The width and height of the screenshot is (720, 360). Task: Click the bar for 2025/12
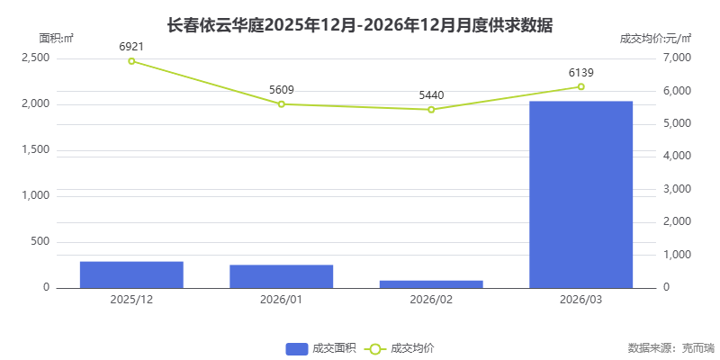131,274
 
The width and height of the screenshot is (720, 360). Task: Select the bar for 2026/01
282,276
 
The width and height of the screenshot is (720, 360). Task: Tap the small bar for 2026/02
431,283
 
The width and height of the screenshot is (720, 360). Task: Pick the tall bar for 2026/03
581,194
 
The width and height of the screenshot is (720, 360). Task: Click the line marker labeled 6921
131,61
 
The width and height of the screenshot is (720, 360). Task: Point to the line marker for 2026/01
282,104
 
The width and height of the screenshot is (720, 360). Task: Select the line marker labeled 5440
431,110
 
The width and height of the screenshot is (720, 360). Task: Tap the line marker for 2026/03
581,86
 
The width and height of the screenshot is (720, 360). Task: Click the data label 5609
282,90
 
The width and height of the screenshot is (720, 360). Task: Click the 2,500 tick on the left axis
36,58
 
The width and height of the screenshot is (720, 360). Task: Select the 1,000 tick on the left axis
36,195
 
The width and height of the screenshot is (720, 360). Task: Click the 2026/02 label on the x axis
431,299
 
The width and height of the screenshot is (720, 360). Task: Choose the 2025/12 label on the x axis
131,299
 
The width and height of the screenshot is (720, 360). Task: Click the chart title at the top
360,25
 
